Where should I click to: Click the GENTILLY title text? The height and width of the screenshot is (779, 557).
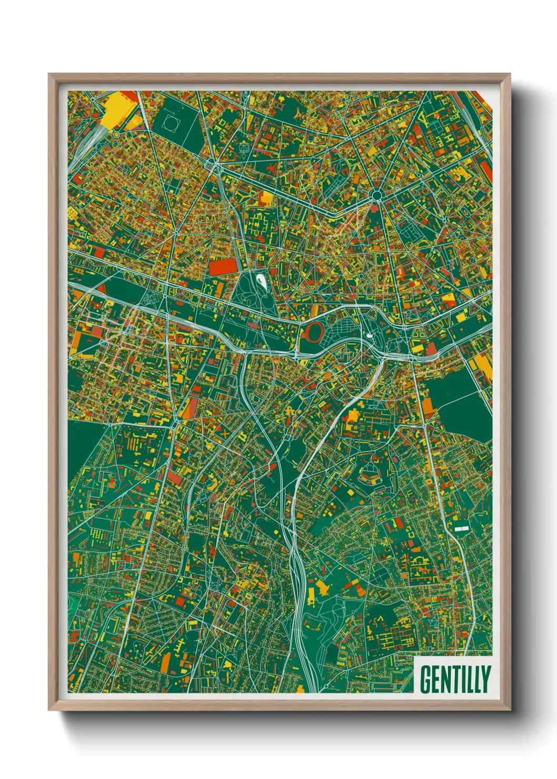pyautogui.click(x=455, y=679)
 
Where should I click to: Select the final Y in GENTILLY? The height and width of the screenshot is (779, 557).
pyautogui.click(x=485, y=680)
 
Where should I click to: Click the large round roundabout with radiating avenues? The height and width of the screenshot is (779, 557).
pyautogui.click(x=376, y=196)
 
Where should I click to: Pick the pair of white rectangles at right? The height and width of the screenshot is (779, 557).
pyautogui.click(x=461, y=527)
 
